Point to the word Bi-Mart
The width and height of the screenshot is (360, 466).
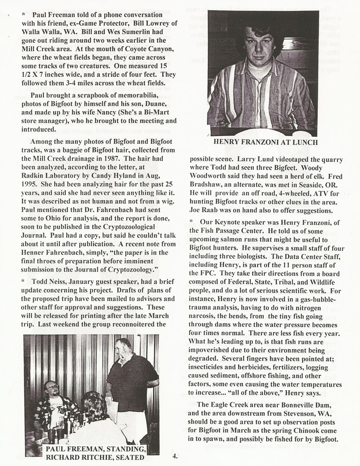(x=152, y=113)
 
